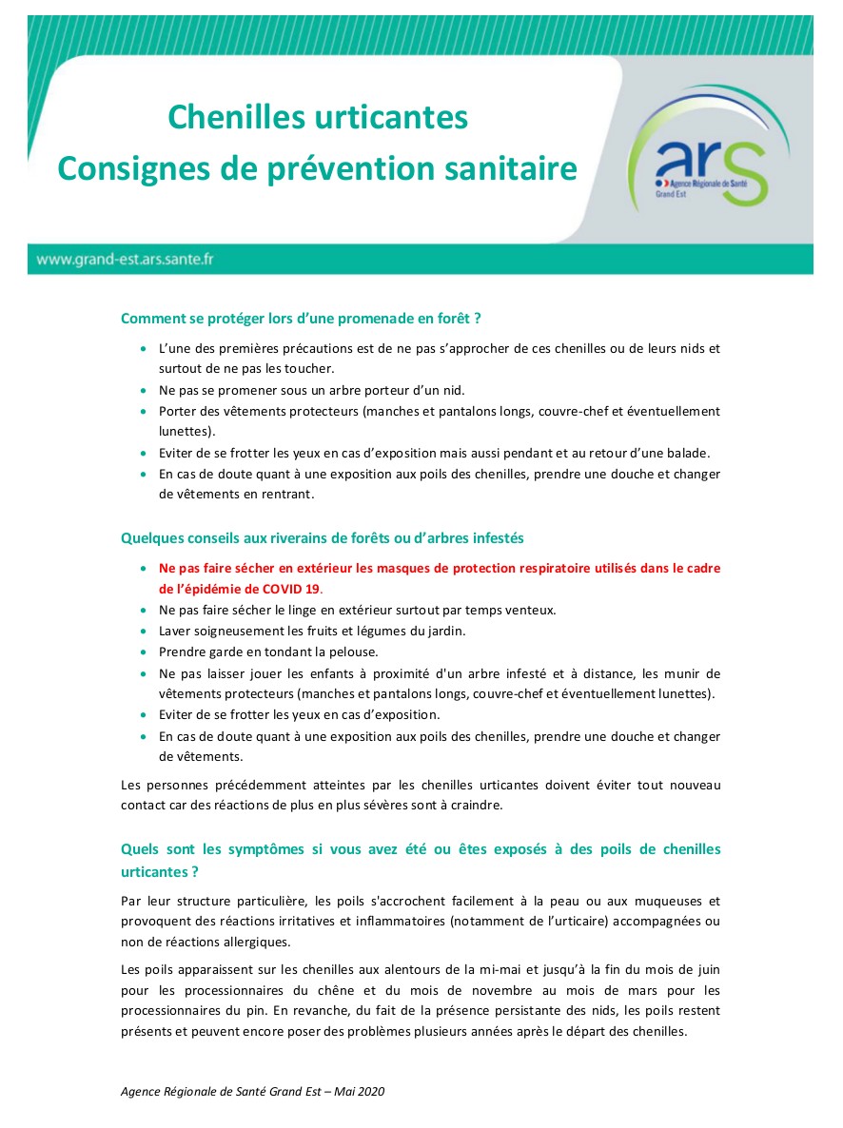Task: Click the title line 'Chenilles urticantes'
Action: tap(318, 117)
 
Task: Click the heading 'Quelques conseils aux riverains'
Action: tap(322, 538)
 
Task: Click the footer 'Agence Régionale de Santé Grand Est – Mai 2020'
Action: tap(252, 1092)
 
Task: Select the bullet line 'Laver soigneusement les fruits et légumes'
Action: tap(312, 631)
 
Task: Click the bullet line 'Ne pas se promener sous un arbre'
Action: tap(311, 390)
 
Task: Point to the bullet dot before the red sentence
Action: tap(142, 569)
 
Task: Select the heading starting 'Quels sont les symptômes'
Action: tap(421, 849)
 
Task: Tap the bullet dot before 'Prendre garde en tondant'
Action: tap(142, 652)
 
